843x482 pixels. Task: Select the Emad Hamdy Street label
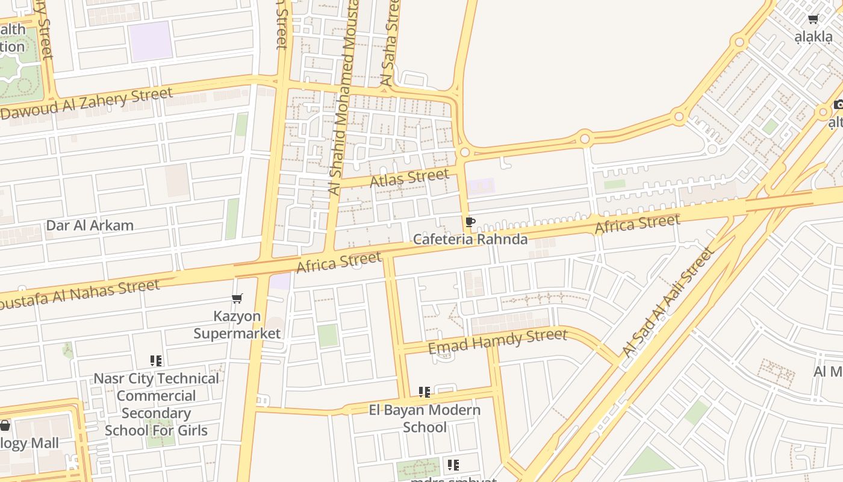click(497, 341)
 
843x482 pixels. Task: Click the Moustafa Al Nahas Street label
click(78, 293)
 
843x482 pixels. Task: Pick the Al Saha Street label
click(390, 42)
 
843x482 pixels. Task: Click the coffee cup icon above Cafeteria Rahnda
click(470, 222)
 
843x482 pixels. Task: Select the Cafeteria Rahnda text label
click(470, 239)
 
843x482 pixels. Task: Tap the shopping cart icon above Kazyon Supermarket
click(237, 299)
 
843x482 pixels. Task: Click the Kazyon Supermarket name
click(237, 325)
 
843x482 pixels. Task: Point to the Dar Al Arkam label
click(90, 225)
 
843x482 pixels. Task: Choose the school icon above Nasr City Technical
click(156, 361)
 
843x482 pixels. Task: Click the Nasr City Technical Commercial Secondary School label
click(156, 404)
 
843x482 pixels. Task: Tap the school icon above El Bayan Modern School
click(425, 393)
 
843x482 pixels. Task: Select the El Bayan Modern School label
click(425, 418)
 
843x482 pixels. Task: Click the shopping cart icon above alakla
click(813, 19)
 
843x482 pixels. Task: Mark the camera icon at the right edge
click(838, 105)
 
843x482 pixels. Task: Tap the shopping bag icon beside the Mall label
click(5, 426)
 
